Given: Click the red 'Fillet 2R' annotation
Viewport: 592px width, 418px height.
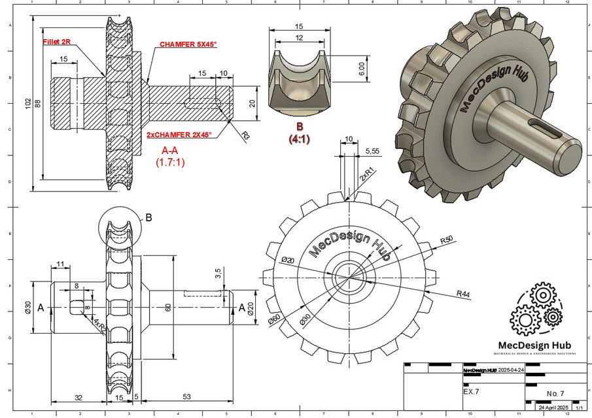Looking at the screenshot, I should coord(57,40).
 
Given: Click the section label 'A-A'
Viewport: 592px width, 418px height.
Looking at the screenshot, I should coord(170,151).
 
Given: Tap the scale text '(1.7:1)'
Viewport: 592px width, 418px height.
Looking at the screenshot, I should coord(170,163).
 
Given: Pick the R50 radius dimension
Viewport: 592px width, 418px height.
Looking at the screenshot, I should coord(447,240).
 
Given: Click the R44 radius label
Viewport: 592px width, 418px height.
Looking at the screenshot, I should coord(464,293).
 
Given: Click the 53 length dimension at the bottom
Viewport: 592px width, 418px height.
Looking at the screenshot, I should coord(186,396).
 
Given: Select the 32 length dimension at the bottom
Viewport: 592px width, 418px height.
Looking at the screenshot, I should coord(78,396).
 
